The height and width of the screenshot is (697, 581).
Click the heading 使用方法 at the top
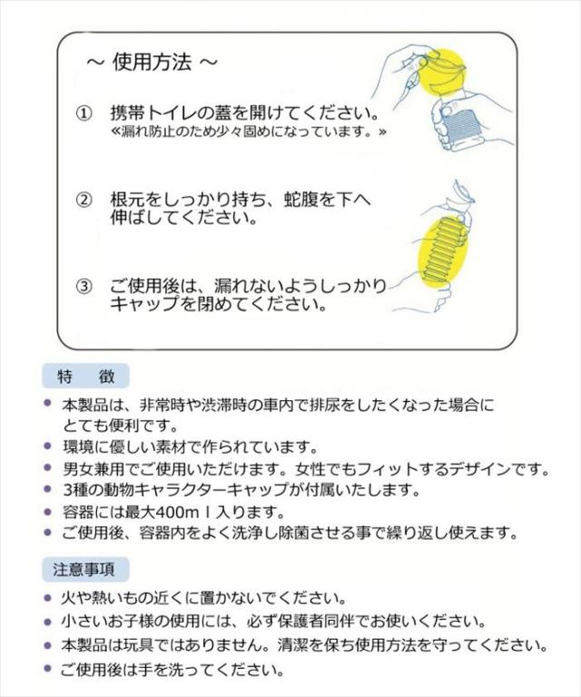click(152, 63)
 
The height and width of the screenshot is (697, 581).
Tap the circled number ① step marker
click(83, 113)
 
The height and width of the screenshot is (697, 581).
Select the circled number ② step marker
click(83, 200)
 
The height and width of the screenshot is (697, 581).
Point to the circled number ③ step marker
click(83, 287)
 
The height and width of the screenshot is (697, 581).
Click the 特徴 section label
click(84, 376)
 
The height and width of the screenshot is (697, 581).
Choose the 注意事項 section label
click(84, 570)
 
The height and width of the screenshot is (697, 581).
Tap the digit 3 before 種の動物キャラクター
click(66, 491)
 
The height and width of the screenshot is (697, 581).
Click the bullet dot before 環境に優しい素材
click(48, 447)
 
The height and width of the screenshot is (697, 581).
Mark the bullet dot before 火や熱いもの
click(48, 598)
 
